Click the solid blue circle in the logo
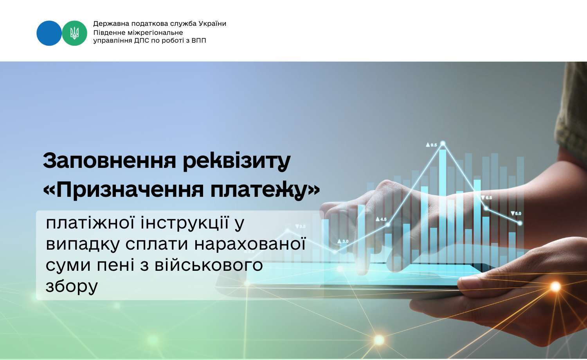49,33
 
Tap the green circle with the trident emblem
74,33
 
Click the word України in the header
212,23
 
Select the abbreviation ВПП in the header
199,41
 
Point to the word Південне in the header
110,33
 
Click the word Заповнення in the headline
109,160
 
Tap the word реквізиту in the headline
237,161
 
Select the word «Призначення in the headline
123,190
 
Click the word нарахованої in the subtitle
250,244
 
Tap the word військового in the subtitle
209,265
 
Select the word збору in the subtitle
72,286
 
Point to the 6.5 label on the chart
487,198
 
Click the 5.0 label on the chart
516,214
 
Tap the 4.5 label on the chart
381,219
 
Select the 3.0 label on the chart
343,241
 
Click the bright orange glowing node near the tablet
555,287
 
